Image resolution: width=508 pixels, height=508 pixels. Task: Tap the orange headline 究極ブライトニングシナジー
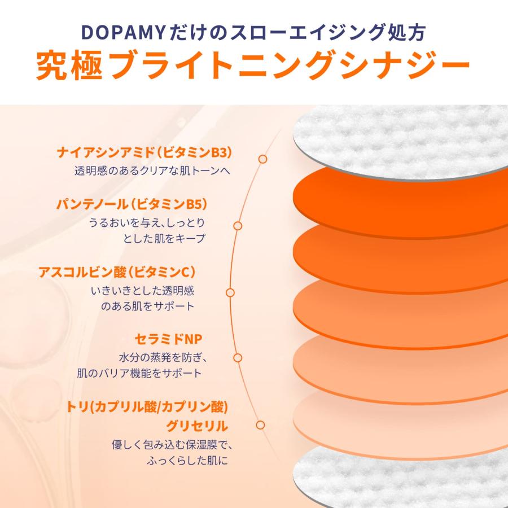253,67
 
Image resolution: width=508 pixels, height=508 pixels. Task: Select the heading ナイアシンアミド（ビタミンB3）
145,153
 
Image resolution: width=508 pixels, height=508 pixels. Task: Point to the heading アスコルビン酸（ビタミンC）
117,272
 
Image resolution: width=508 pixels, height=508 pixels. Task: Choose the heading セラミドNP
168,339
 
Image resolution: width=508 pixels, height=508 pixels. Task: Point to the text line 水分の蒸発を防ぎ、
164,357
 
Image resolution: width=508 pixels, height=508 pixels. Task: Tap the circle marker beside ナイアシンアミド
262,159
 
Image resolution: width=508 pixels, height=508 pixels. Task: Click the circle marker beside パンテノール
238,225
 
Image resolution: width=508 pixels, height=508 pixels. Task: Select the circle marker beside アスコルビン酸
230,292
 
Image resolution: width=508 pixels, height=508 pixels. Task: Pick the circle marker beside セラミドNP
238,358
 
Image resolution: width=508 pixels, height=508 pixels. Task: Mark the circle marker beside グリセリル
260,425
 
